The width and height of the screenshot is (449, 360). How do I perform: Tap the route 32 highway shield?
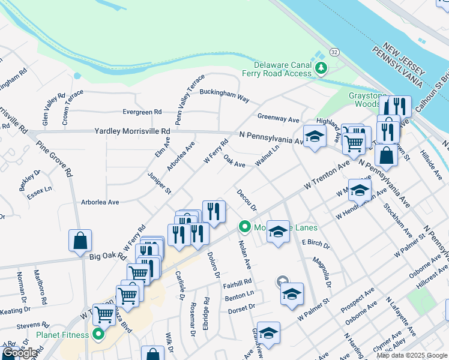(334, 53)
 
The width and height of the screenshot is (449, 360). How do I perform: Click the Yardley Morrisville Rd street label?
(132, 131)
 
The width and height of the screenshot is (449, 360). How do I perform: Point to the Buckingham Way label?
(224, 94)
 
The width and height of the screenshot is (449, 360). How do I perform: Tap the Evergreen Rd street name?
(142, 112)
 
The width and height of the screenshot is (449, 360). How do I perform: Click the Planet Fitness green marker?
(97, 335)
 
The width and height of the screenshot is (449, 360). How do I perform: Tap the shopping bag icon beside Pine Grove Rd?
(80, 241)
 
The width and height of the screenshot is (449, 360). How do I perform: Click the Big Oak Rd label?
(107, 256)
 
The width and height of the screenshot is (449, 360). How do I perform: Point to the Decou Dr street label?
(247, 200)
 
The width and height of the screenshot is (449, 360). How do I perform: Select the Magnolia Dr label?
(321, 270)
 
